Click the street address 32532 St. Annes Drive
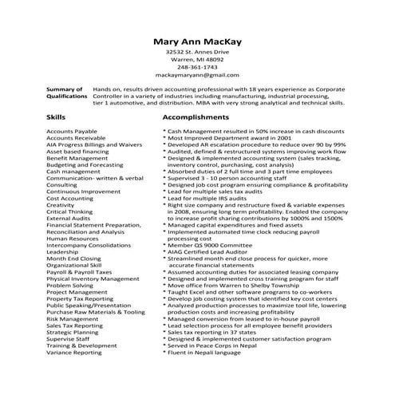pos(197,51)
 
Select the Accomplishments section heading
pos(196,117)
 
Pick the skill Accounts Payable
pos(72,129)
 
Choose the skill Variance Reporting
pos(74,352)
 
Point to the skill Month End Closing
pos(73,259)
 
